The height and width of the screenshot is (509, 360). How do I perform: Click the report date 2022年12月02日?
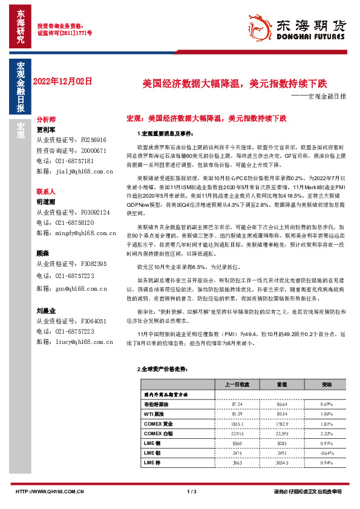[x=62, y=80]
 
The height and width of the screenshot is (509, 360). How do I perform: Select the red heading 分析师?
[x=46, y=120]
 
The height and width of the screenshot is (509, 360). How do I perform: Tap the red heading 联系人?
[x=46, y=190]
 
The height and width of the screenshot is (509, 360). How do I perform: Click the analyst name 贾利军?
[x=46, y=129]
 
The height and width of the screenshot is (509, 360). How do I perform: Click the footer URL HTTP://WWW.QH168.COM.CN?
[x=50, y=492]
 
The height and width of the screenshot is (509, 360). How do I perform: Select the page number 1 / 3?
[x=192, y=492]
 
